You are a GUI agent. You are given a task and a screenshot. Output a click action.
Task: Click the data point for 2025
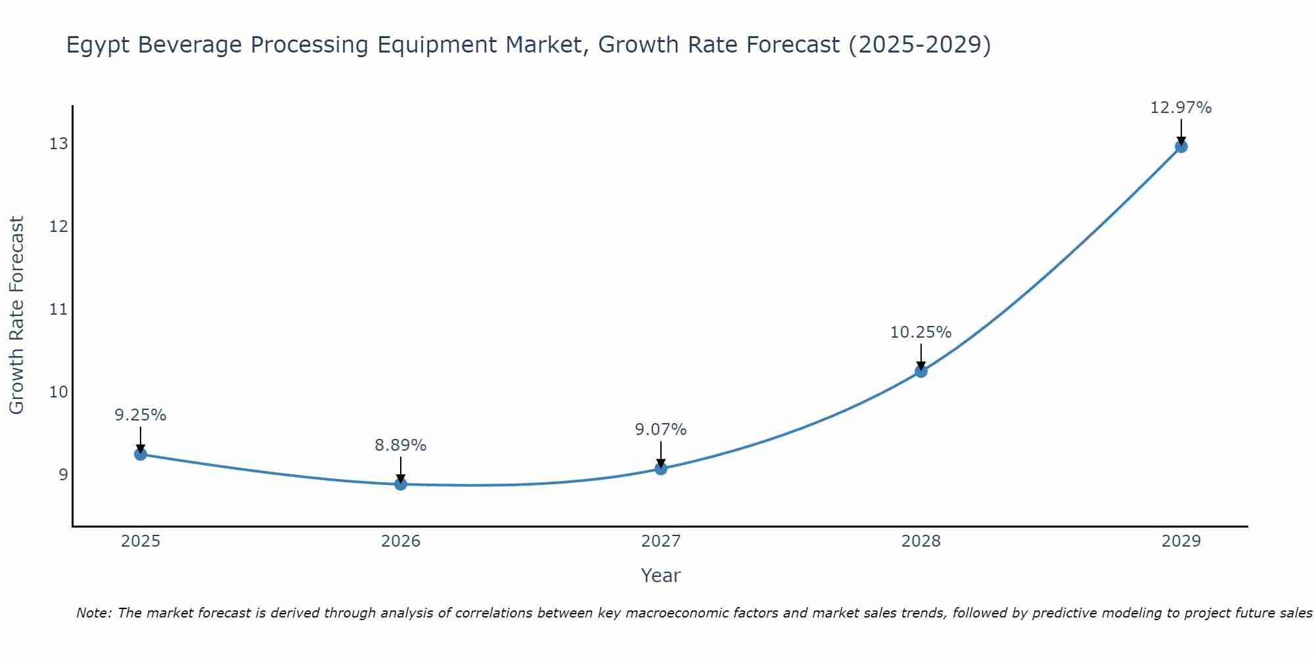(x=141, y=454)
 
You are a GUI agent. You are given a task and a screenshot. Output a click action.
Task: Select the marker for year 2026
(x=401, y=484)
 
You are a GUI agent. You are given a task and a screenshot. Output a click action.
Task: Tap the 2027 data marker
(x=661, y=468)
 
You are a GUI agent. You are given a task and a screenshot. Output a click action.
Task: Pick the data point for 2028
(x=921, y=371)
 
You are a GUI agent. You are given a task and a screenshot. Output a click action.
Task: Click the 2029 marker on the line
(x=1181, y=147)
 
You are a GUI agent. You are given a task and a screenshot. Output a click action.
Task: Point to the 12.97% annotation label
(x=1181, y=108)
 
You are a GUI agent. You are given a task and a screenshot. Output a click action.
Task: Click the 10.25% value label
(x=920, y=332)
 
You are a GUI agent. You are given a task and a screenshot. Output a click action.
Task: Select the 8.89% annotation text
(x=401, y=445)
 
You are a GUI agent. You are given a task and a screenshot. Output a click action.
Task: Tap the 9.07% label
(x=660, y=430)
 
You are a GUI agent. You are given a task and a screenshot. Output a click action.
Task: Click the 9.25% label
(x=141, y=415)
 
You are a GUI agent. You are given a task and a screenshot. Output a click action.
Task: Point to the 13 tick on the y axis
(x=58, y=143)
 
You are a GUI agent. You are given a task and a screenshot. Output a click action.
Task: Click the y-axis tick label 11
(x=58, y=309)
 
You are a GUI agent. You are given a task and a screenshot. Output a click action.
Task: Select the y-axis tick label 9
(x=63, y=474)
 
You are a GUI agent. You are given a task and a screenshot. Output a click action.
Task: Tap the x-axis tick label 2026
(x=401, y=541)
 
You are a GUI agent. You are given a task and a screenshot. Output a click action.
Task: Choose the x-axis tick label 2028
(x=921, y=541)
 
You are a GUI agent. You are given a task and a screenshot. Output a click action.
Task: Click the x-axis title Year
(x=660, y=576)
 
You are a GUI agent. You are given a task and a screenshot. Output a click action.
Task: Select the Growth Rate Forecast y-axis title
(x=16, y=315)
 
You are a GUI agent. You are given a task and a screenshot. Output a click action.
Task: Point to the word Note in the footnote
(x=95, y=613)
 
